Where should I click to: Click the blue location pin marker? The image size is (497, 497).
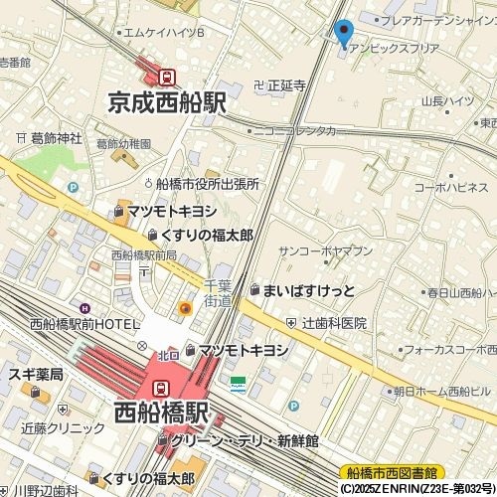344,33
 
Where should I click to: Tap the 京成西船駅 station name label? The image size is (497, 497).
168,101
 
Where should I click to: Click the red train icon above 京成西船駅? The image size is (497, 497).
167,75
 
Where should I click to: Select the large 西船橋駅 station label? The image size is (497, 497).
161,411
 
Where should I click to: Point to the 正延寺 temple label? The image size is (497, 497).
285,85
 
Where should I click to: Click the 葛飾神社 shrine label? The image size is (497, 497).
56,138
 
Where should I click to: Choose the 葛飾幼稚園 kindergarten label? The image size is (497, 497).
124,144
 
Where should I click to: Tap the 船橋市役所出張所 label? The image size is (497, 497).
207,184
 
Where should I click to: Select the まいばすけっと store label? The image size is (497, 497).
307,289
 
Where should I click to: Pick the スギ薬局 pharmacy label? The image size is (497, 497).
36,375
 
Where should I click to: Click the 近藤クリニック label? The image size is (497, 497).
63,427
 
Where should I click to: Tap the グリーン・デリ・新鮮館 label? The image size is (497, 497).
244,440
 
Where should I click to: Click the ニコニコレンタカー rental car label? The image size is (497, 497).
293,129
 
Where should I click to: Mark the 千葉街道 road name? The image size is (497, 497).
218,293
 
